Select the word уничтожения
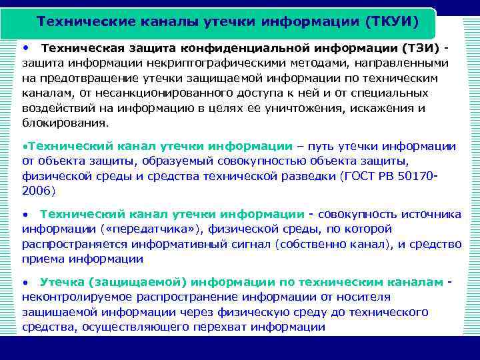[x=332, y=108]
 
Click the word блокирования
[x=65, y=123]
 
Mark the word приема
[x=41, y=259]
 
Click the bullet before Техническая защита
[x=25, y=49]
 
